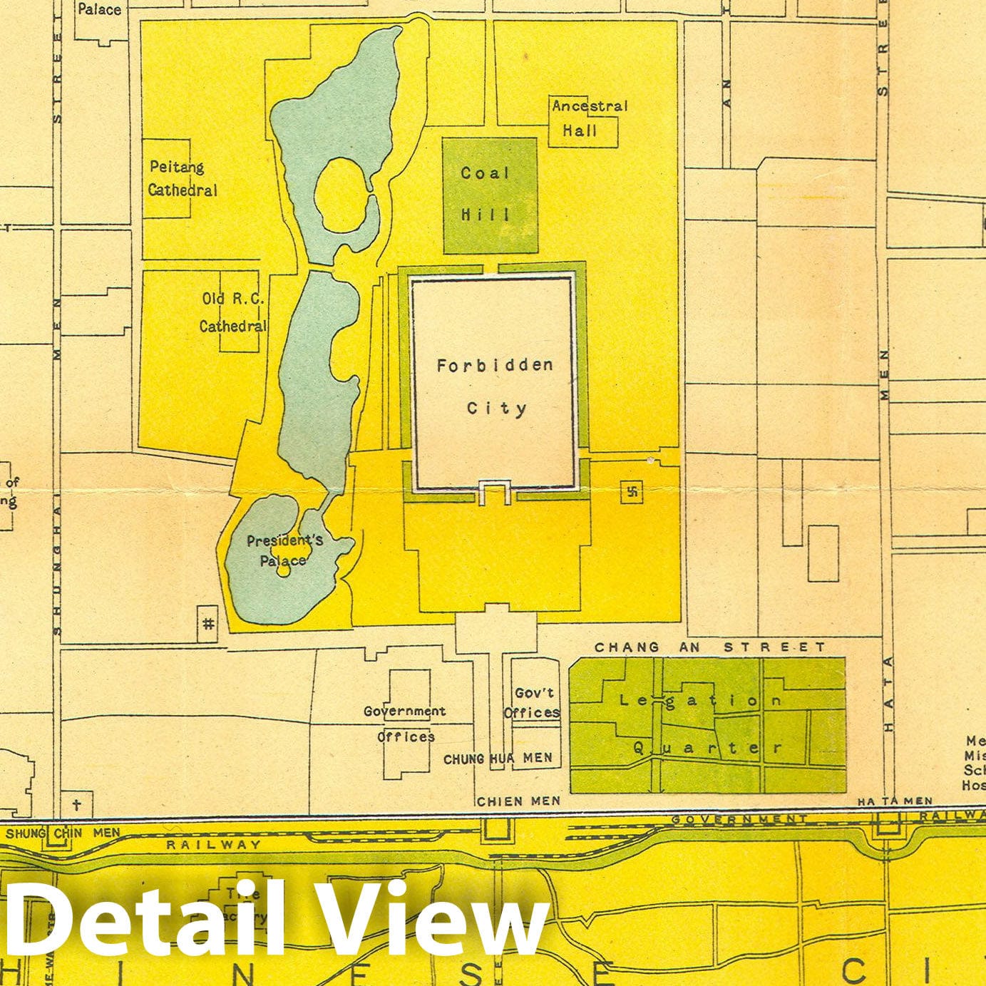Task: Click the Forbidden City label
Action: (495, 386)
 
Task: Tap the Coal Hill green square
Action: (489, 195)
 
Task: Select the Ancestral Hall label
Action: (589, 118)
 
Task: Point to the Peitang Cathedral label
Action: (183, 179)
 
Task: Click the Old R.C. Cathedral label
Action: (232, 313)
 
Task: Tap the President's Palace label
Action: (284, 550)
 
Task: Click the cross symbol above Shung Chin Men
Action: (77, 805)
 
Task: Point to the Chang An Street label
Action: (709, 647)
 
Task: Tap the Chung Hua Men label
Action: (498, 759)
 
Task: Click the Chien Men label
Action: (518, 801)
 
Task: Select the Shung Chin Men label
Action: (63, 832)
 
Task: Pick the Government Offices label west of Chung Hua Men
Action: (405, 724)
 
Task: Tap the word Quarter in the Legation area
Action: (707, 748)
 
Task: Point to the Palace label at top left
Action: (99, 9)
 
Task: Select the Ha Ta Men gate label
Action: (895, 801)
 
